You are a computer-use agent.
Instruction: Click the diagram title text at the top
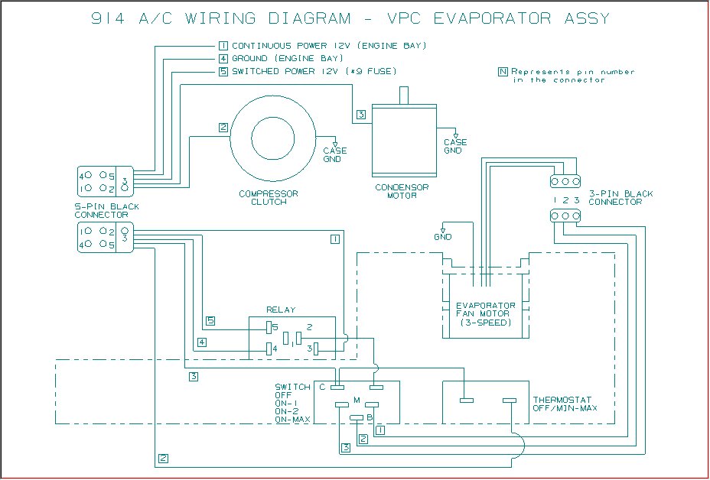[x=350, y=18]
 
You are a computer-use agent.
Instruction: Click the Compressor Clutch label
[x=269, y=198]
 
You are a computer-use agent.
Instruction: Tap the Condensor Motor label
[x=402, y=191]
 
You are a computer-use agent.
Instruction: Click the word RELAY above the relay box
[x=281, y=310]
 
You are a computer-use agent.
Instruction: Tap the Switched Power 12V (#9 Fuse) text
[x=314, y=72]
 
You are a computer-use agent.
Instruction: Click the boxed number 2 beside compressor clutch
[x=223, y=128]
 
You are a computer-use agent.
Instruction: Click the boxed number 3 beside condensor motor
[x=361, y=115]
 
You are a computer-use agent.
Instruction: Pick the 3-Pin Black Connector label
[x=620, y=198]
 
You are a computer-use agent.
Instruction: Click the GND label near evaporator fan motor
[x=443, y=237]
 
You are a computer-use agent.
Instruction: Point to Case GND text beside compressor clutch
[x=335, y=154]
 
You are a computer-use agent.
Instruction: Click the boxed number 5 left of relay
[x=210, y=321]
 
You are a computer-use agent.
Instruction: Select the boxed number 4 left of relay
[x=202, y=342]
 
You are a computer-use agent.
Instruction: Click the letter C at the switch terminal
[x=322, y=387]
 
